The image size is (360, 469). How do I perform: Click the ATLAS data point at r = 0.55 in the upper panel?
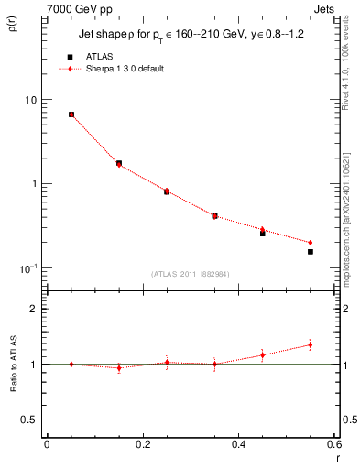pos(311,251)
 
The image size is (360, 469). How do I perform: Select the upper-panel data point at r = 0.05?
pos(71,115)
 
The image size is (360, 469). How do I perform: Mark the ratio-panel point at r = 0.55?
pos(311,345)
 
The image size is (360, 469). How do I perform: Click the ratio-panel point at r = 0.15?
pos(119,368)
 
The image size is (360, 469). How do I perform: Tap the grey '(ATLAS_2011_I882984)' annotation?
pos(191,274)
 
